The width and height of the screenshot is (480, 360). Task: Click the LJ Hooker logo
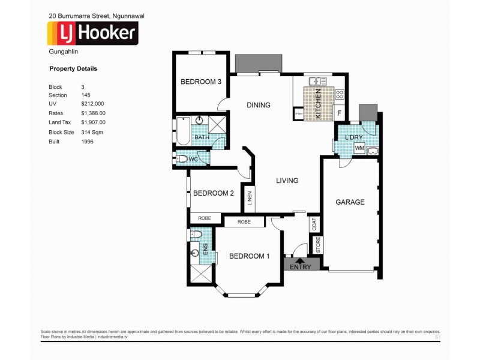click(x=93, y=34)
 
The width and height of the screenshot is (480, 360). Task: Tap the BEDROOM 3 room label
click(x=201, y=82)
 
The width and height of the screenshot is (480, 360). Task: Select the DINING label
click(x=259, y=105)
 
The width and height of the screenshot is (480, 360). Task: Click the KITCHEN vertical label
click(x=319, y=104)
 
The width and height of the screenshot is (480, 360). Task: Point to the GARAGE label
click(x=350, y=202)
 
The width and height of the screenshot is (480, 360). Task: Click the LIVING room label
click(x=287, y=181)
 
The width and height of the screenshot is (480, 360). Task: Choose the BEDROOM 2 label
click(x=213, y=193)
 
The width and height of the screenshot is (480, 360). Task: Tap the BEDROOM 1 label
click(x=249, y=256)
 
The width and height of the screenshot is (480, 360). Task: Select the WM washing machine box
click(x=359, y=148)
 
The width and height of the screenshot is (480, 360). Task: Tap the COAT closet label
click(x=315, y=224)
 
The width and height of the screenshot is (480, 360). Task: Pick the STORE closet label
click(x=319, y=245)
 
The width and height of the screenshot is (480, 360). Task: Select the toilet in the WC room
click(x=182, y=159)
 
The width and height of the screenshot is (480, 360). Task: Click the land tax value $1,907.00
click(x=93, y=122)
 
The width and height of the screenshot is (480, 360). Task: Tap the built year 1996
click(x=87, y=142)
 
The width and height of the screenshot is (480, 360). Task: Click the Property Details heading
click(x=73, y=69)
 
